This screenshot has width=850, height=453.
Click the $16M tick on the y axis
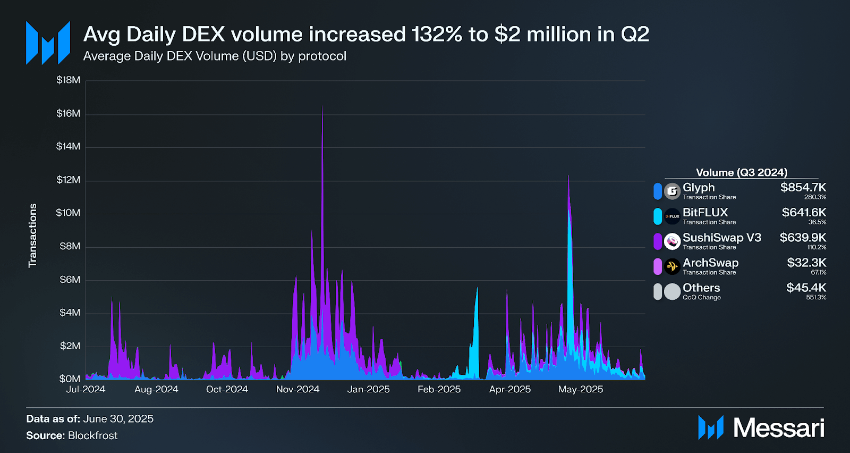tap(68, 113)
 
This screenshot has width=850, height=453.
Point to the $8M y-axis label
tap(70, 246)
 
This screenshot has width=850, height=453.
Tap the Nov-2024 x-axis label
tap(297, 389)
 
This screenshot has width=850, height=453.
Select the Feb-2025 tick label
tap(439, 389)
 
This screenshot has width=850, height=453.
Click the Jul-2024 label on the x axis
tap(86, 389)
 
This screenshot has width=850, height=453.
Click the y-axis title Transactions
tap(33, 235)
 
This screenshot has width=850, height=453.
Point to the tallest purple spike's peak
tap(322, 106)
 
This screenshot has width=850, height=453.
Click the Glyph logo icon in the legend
tap(672, 191)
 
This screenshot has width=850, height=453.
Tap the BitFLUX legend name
tap(705, 213)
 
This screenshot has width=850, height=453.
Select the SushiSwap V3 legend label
tap(721, 238)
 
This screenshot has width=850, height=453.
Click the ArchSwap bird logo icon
tap(672, 266)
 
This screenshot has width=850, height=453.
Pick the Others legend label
tap(701, 288)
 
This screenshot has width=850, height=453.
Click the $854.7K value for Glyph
tap(803, 187)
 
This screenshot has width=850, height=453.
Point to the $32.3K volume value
tap(806, 263)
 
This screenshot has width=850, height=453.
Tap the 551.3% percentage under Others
tap(816, 297)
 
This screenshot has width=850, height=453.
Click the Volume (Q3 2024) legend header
tap(742, 172)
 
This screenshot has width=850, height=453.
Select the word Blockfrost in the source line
tap(92, 435)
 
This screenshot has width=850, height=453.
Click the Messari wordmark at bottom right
tap(778, 428)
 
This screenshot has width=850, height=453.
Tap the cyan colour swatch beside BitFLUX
tap(658, 216)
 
